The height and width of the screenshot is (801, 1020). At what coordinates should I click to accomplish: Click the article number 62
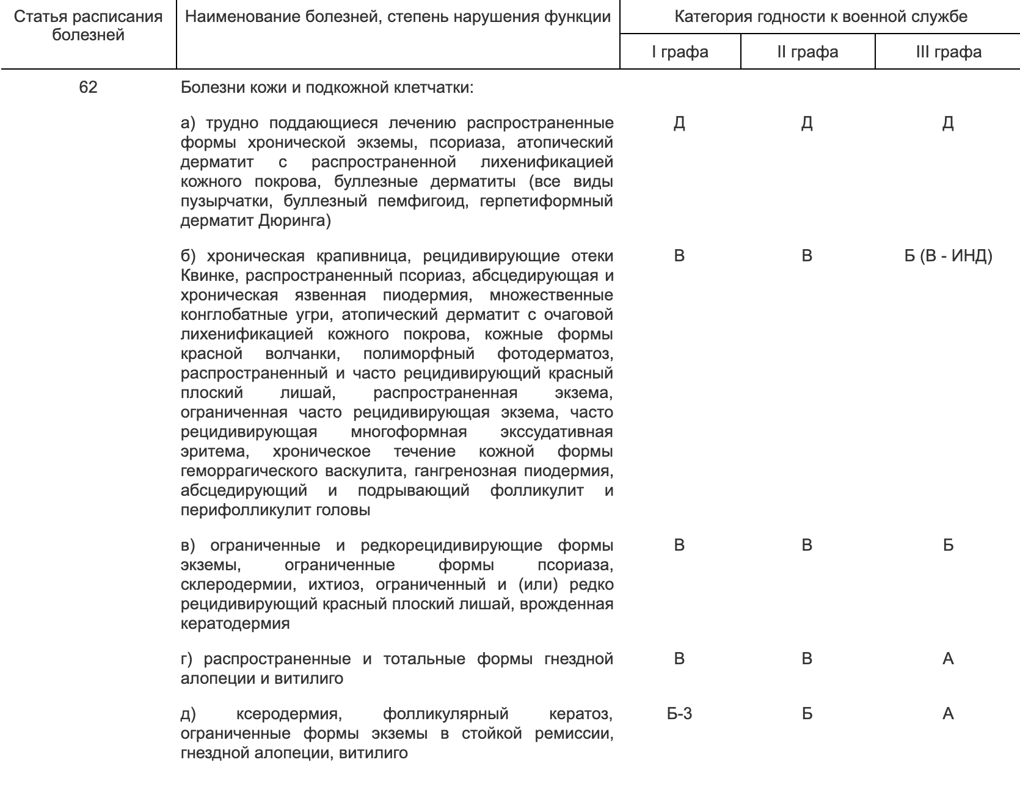[x=88, y=87]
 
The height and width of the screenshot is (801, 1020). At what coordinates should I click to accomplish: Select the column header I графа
[x=680, y=52]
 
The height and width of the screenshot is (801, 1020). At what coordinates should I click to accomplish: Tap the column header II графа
[x=807, y=52]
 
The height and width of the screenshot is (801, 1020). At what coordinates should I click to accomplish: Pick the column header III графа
[x=948, y=52]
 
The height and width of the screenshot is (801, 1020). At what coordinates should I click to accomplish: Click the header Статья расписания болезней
[x=88, y=26]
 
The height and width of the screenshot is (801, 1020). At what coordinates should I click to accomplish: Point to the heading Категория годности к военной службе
[x=820, y=16]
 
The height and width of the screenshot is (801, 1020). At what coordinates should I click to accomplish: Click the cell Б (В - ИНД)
[x=948, y=256]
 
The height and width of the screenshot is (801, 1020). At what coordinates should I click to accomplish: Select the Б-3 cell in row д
[x=679, y=714]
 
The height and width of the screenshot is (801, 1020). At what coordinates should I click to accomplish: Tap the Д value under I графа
[x=679, y=124]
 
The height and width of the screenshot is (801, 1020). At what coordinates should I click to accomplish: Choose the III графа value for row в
[x=948, y=545]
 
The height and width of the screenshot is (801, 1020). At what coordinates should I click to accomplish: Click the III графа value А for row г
[x=948, y=659]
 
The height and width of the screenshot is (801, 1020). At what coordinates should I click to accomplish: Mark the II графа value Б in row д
[x=807, y=714]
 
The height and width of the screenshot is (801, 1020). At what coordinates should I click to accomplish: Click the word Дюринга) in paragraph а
[x=294, y=221]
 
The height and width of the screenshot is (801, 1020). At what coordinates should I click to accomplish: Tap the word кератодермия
[x=235, y=624]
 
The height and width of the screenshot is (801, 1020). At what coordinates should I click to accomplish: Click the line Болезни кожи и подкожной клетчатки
[x=327, y=88]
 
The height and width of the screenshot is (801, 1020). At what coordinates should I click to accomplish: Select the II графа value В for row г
[x=807, y=659]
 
